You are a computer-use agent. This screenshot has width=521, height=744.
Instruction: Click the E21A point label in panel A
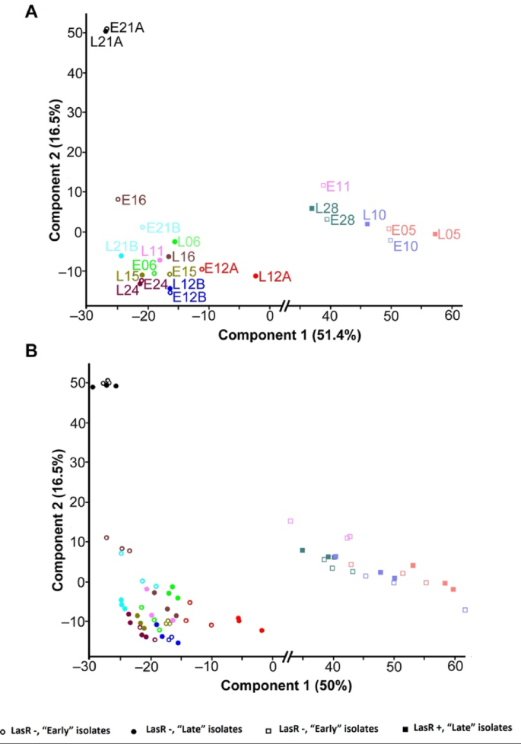pos(127,28)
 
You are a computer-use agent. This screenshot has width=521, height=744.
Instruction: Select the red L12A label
pos(275,277)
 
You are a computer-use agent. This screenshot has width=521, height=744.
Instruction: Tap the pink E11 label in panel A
pos(338,186)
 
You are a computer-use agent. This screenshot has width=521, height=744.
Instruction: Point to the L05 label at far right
pos(450,235)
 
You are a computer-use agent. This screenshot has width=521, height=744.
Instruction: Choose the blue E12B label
pos(188,297)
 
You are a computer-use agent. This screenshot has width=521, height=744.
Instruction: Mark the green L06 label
pos(189,242)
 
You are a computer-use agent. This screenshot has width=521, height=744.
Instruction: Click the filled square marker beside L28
pos(312,208)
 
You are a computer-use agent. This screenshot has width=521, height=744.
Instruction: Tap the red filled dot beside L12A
pos(256,276)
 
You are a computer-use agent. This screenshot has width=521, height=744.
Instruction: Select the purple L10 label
pos(374,215)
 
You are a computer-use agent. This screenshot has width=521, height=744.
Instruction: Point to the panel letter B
pos(31,352)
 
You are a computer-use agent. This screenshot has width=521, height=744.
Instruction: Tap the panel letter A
pos(31,11)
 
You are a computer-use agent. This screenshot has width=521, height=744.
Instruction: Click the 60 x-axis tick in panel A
pos(453,315)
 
